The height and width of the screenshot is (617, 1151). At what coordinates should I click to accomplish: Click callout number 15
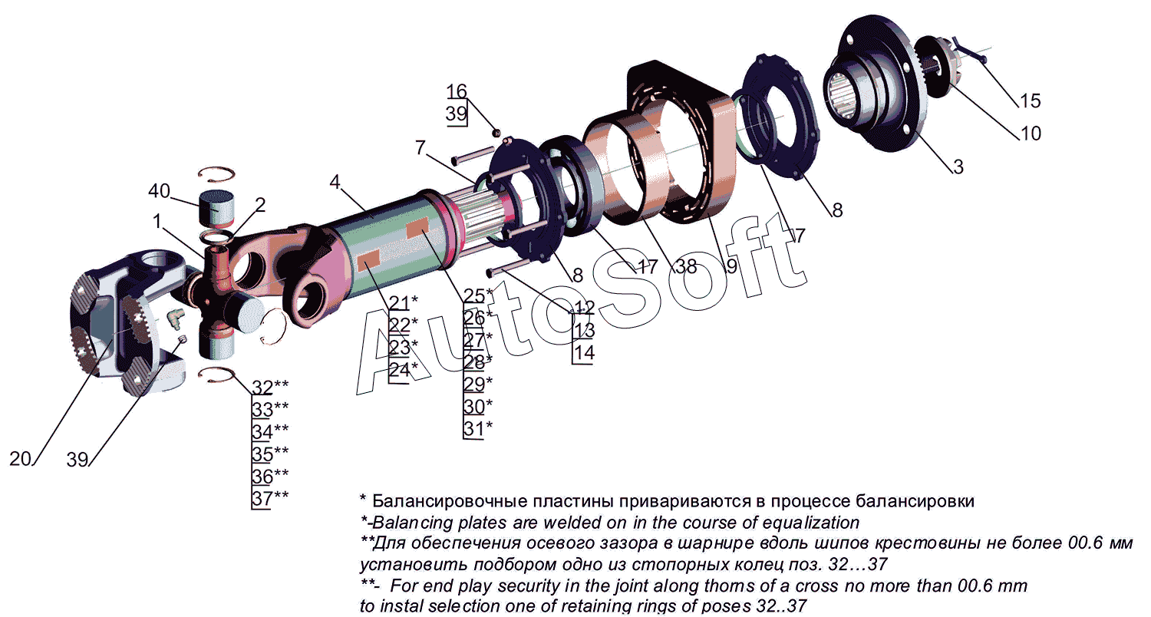coord(1030,101)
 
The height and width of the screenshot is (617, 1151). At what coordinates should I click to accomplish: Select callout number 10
coord(1031,134)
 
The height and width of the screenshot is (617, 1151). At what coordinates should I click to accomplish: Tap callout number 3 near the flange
coord(958,167)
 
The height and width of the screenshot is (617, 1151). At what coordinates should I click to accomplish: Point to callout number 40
coord(160,190)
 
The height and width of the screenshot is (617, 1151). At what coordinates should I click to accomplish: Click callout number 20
coord(21,459)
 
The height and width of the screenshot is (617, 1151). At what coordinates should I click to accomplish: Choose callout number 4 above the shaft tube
coord(335,181)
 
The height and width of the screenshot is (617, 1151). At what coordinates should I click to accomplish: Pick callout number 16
coord(457,91)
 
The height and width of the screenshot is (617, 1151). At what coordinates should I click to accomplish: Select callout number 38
coord(686,266)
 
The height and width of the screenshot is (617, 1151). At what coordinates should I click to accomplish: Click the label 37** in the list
coord(270,498)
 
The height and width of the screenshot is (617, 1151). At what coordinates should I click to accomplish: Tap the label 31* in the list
coord(478,428)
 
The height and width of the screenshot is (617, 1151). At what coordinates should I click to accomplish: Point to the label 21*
coord(404,302)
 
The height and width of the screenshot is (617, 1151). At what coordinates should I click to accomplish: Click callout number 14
coord(584,353)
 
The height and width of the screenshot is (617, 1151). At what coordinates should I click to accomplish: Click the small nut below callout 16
coord(496,133)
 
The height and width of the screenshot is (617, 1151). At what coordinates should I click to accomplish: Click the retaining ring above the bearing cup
coord(216,175)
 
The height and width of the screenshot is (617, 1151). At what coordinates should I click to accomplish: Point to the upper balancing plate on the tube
coord(417,228)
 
